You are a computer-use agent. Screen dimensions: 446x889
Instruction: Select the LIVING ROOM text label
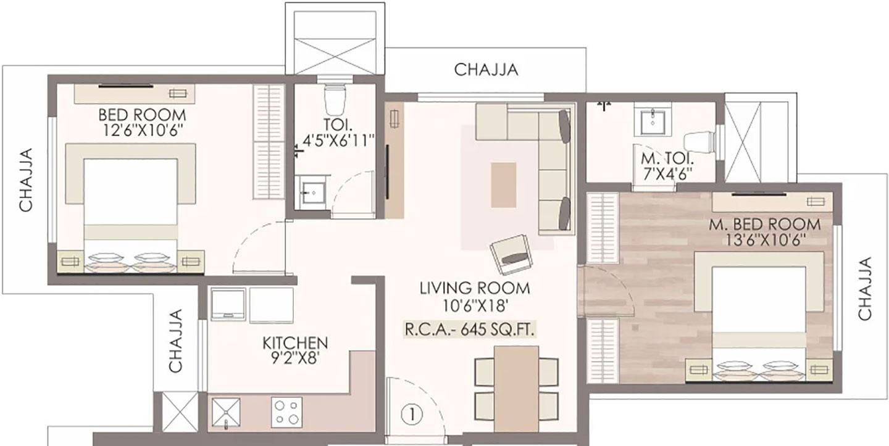(x=475, y=287)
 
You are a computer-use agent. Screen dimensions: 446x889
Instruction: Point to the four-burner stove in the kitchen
(x=286, y=412)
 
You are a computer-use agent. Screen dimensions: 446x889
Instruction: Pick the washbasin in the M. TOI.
(x=650, y=121)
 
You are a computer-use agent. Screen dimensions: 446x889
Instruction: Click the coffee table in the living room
(x=504, y=184)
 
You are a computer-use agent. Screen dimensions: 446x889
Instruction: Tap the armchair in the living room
(x=511, y=254)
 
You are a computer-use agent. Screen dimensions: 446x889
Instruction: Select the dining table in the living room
(x=516, y=389)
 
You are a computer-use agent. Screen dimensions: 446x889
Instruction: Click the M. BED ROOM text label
(x=765, y=224)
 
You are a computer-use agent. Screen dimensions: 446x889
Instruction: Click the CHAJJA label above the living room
(x=486, y=70)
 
